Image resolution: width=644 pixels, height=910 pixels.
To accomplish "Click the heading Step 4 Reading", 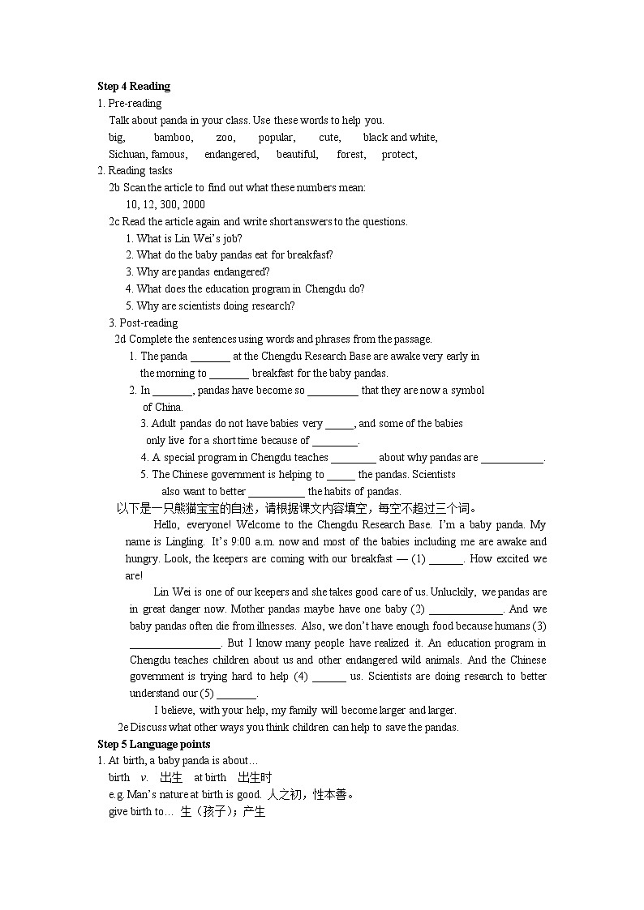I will click(x=134, y=87).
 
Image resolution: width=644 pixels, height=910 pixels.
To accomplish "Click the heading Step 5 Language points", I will click(x=154, y=744).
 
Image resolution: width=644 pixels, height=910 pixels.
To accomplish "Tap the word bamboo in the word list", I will click(x=174, y=138).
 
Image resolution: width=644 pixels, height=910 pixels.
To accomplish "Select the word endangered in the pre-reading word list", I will click(x=232, y=154).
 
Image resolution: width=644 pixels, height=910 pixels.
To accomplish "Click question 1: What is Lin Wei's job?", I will click(x=183, y=238).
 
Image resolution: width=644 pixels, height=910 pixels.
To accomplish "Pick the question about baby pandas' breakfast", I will click(x=229, y=254).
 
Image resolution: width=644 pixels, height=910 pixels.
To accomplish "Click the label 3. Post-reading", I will click(x=143, y=323).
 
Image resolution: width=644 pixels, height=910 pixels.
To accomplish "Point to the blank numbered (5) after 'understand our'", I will click(x=237, y=694).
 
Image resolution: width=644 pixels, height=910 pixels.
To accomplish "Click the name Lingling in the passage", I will click(x=179, y=541).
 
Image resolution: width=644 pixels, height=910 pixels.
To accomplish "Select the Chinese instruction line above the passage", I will click(x=297, y=508).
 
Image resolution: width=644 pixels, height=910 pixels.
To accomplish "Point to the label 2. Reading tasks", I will click(x=135, y=170).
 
